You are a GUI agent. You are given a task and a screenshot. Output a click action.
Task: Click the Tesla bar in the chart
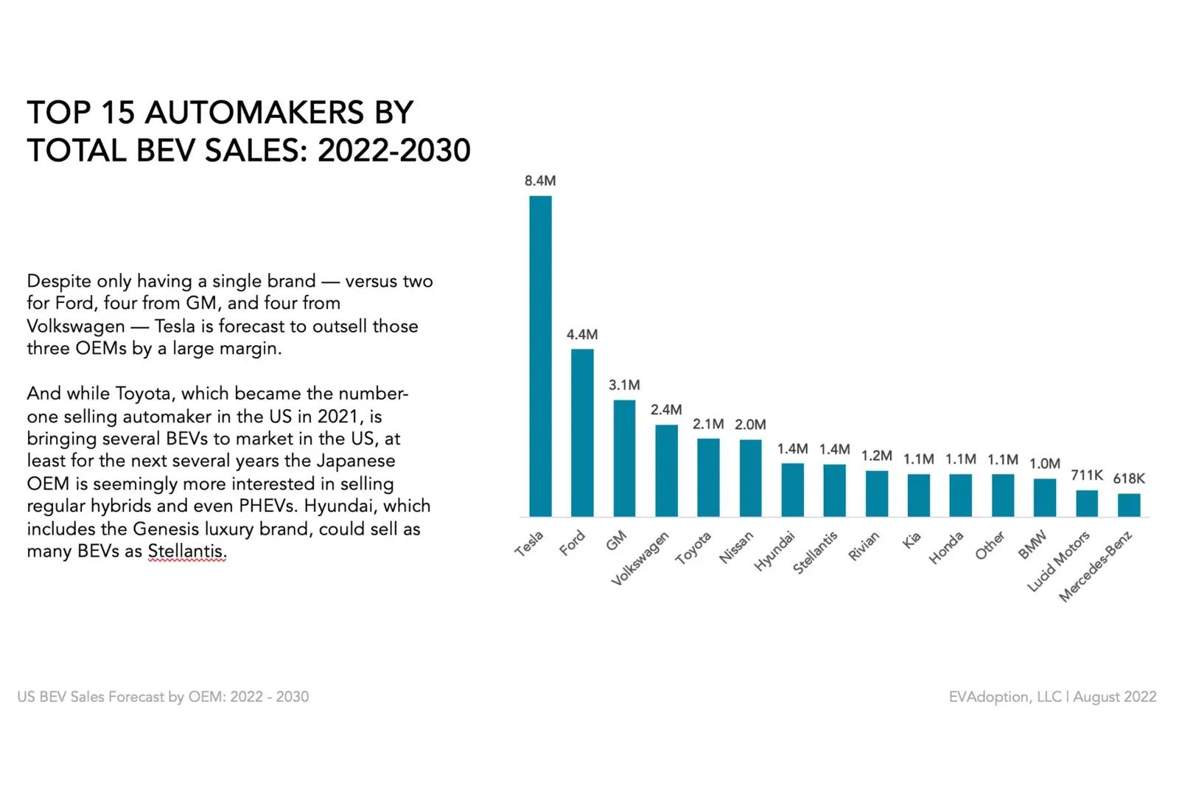540,356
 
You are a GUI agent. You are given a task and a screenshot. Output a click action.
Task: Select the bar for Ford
582,433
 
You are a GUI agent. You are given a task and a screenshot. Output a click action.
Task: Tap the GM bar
624,458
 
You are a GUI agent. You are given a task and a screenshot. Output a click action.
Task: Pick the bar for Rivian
877,493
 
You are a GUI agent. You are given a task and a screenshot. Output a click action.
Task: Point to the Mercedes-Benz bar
1129,505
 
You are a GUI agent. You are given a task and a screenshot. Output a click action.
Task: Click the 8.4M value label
540,181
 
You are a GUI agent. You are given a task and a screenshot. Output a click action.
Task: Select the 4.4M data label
582,335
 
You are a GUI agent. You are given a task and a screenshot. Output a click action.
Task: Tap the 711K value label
1087,476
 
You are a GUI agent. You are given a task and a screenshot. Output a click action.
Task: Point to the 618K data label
1129,479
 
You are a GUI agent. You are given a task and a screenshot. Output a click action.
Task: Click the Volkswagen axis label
640,559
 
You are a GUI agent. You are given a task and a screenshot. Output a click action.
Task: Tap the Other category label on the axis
990,546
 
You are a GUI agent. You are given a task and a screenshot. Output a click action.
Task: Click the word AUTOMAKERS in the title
254,113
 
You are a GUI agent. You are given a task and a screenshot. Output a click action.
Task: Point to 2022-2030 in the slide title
393,150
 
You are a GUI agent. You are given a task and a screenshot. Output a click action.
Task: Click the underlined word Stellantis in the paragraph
187,552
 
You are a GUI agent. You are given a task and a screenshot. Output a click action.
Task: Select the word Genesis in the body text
167,529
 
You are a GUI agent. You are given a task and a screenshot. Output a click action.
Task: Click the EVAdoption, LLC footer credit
1004,697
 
